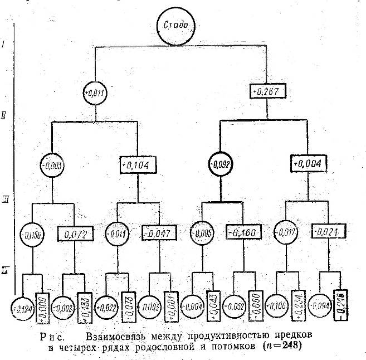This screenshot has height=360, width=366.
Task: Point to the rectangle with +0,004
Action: [x=309, y=163]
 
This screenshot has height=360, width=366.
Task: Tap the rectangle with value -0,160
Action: [x=243, y=231]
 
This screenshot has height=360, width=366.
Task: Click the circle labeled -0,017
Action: [x=286, y=232]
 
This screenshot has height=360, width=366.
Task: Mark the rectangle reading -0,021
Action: [x=329, y=231]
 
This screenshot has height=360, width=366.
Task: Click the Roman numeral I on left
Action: [x=4, y=43]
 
